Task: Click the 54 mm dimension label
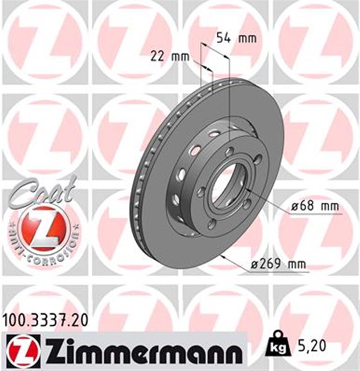point(236,38)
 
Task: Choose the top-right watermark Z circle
point(316,41)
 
